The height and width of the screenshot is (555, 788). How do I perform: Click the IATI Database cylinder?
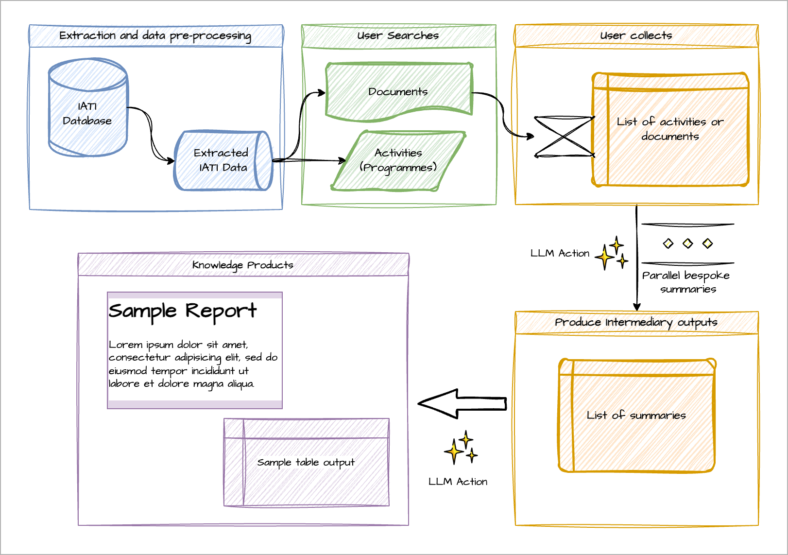87,107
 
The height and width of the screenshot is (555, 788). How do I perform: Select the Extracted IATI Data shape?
223,160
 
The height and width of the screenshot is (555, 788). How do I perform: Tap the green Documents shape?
399,91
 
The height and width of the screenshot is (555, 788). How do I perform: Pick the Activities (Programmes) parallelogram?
398,161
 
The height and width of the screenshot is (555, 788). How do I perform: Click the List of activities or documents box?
670,129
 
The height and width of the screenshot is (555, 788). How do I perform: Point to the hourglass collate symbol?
564,136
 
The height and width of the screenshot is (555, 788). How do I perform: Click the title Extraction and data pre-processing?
155,36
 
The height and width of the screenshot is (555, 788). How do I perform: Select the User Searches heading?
398,35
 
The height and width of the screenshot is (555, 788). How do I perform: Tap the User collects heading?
636,35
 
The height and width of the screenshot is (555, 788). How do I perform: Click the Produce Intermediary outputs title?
636,322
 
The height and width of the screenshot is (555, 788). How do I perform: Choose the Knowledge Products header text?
243,265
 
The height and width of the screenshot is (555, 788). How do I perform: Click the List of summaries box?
637,416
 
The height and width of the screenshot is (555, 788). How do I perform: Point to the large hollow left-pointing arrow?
462,404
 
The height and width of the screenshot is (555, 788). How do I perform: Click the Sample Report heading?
183,311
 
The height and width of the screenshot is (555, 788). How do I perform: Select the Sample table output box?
307,462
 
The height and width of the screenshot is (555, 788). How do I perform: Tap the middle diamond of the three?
688,243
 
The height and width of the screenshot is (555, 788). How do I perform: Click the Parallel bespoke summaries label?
686,282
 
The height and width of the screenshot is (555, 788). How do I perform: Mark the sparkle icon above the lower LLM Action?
461,447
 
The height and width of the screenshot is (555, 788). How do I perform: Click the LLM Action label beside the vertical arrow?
560,253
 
